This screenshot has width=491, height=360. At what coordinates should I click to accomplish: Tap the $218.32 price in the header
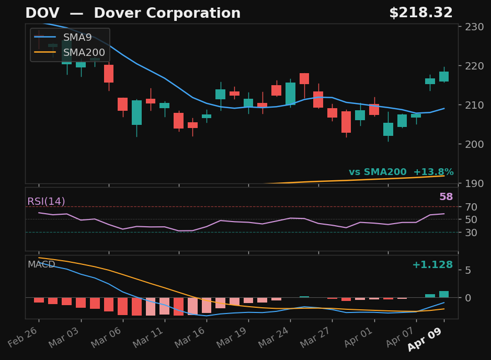pos(420,14)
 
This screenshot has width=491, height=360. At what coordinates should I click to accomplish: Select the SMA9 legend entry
pos(77,38)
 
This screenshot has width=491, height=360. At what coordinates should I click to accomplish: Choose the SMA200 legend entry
pos(84,53)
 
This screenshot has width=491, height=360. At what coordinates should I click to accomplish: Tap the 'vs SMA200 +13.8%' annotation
pos(401,172)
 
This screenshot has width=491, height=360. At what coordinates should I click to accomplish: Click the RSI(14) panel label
pos(46,202)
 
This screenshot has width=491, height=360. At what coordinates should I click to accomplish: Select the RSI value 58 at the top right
pos(446,197)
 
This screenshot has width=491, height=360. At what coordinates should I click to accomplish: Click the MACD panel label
pos(41,265)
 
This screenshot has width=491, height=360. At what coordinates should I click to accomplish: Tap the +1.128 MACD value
pos(432,265)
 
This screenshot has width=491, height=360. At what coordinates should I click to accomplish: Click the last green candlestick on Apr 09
pos(444,76)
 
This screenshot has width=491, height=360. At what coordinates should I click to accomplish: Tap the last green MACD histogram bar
pos(444,294)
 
